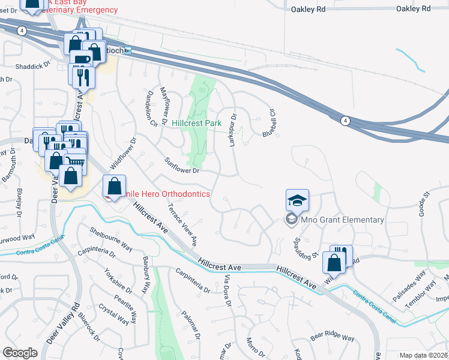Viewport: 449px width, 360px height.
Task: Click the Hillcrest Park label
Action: point(196,123)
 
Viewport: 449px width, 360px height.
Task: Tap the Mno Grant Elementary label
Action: point(342,220)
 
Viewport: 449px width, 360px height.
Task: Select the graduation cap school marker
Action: point(297,200)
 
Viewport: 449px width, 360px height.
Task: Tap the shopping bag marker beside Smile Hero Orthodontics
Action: point(114,187)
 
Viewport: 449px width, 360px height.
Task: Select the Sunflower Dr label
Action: point(182,166)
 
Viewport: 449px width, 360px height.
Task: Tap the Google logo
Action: point(20,353)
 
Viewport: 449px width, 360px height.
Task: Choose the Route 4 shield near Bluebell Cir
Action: point(345,121)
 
